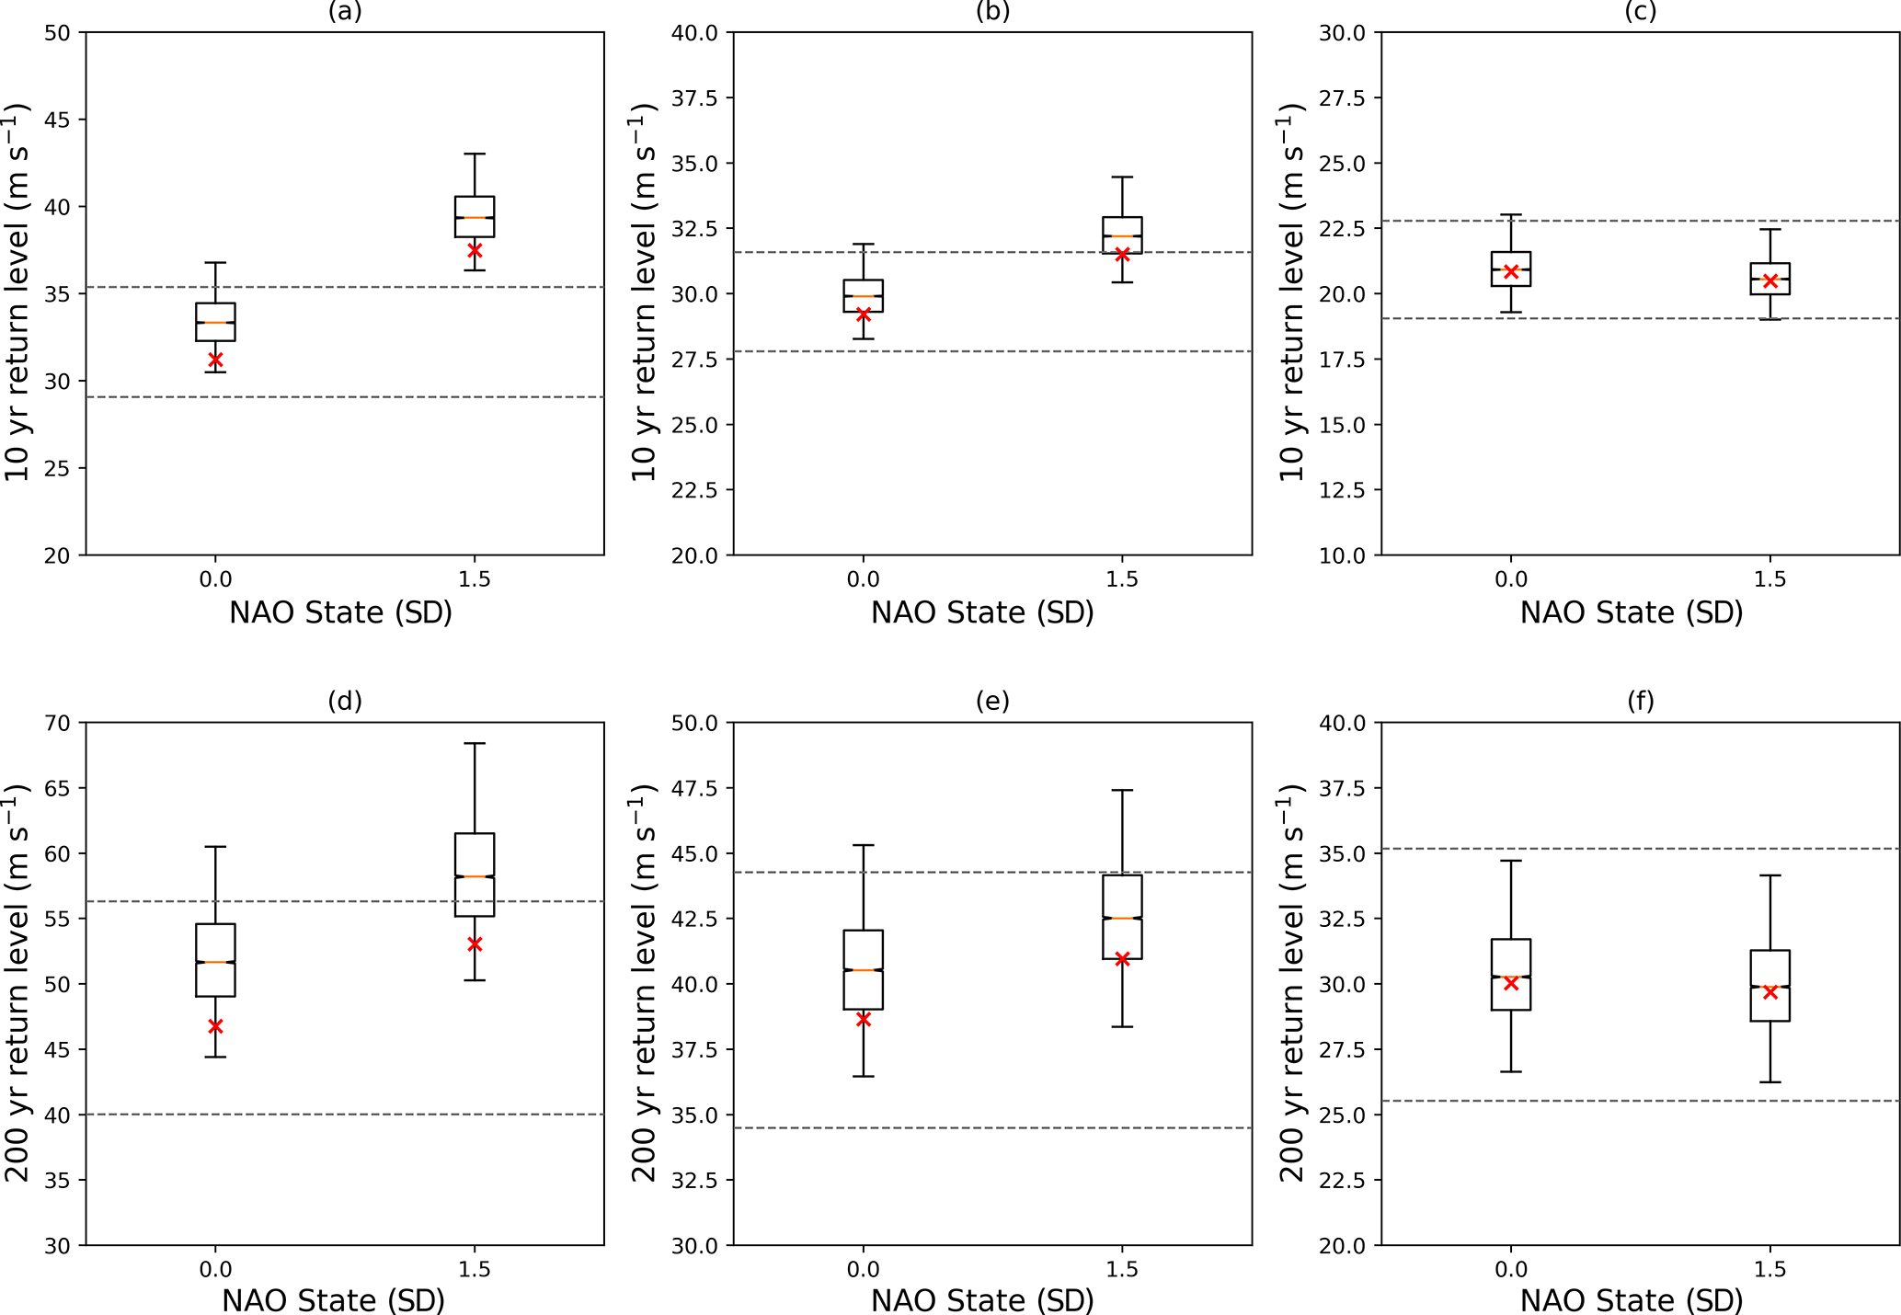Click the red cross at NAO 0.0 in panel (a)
pyautogui.click(x=215, y=360)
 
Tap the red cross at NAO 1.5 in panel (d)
pyautogui.click(x=475, y=944)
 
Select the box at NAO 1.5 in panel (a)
pyautogui.click(x=475, y=217)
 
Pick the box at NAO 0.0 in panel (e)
pyautogui.click(x=863, y=970)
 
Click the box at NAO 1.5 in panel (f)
pyautogui.click(x=1769, y=986)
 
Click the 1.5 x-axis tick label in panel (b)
pyautogui.click(x=1122, y=579)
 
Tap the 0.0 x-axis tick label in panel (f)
pyautogui.click(x=1510, y=1270)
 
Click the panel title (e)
pyautogui.click(x=992, y=702)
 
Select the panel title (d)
pyautogui.click(x=345, y=702)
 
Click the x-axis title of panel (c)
pyautogui.click(x=1632, y=612)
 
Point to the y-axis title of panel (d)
pyautogui.click(x=18, y=983)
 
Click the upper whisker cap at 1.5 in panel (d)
pyautogui.click(x=475, y=743)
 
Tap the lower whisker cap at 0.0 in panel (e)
pyautogui.click(x=863, y=1076)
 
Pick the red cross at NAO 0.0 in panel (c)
pyautogui.click(x=1510, y=271)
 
